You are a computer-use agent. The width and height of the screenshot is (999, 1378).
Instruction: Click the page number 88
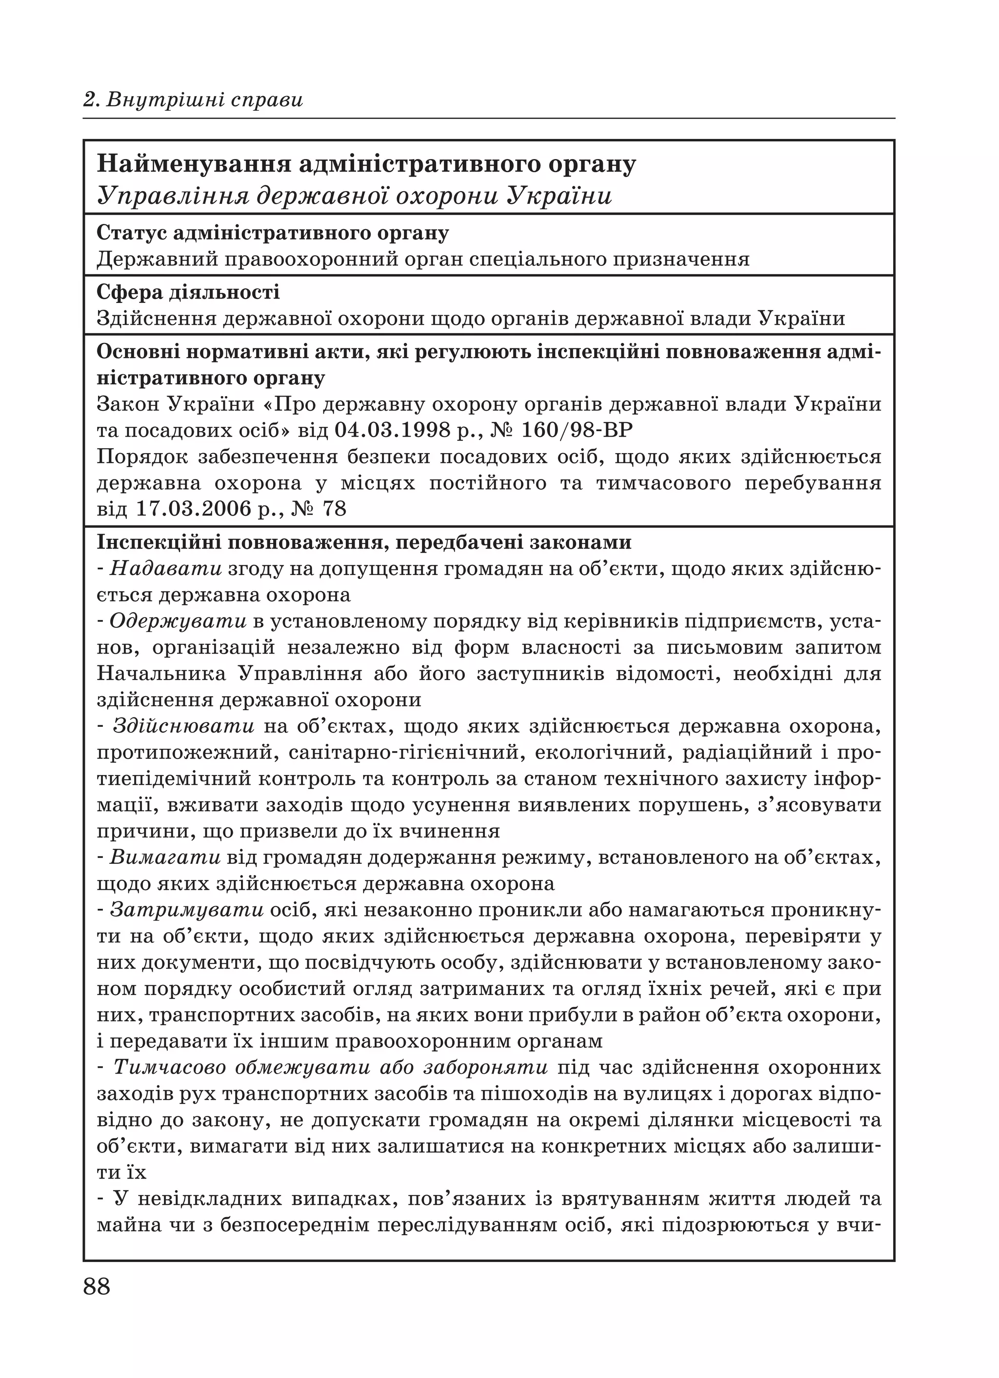pyautogui.click(x=97, y=1286)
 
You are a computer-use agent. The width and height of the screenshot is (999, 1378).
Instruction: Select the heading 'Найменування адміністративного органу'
pyautogui.click(x=366, y=164)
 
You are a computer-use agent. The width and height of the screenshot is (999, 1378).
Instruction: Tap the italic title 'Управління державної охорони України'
pyautogui.click(x=354, y=196)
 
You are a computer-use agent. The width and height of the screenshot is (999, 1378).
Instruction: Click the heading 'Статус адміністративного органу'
pyautogui.click(x=273, y=233)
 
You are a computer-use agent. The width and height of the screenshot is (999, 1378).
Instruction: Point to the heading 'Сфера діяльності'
pyautogui.click(x=188, y=292)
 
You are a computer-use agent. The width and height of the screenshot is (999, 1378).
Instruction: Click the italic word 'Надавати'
pyautogui.click(x=166, y=569)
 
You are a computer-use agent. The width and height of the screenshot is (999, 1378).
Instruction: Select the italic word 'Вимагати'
pyautogui.click(x=165, y=858)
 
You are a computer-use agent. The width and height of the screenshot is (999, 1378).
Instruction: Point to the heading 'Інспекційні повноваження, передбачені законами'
pyautogui.click(x=364, y=542)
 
